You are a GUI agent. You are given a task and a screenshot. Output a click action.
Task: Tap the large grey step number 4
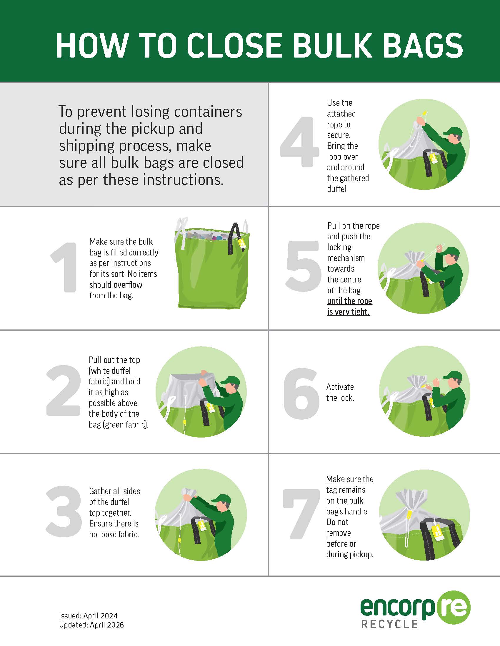pos(299,142)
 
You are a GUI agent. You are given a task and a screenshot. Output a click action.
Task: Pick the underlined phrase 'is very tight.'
pos(348,312)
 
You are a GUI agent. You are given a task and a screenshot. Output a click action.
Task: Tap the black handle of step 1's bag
pos(236,238)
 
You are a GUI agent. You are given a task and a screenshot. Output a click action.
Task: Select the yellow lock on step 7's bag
pos(410,514)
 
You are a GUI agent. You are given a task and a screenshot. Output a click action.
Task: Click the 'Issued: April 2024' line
pos(88,616)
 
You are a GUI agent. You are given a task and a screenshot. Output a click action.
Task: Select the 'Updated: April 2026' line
pos(91,625)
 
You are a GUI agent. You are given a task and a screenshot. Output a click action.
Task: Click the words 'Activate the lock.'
pos(340,392)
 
